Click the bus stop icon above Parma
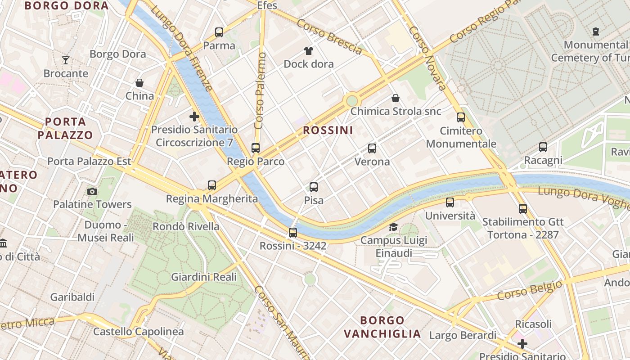pyautogui.click(x=219, y=32)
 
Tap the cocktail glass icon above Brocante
pyautogui.click(x=66, y=60)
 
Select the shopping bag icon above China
pyautogui.click(x=139, y=83)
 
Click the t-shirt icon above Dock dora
pyautogui.click(x=308, y=50)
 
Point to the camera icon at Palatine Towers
pyautogui.click(x=92, y=191)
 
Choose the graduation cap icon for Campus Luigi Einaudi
pyautogui.click(x=394, y=227)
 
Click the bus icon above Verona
pyautogui.click(x=372, y=148)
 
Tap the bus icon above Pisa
pyautogui.click(x=314, y=187)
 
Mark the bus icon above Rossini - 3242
pyautogui.click(x=293, y=233)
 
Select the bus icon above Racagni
pyautogui.click(x=543, y=147)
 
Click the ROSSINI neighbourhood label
pyautogui.click(x=328, y=130)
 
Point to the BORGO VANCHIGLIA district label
pyautogui.click(x=382, y=327)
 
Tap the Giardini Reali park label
pyautogui.click(x=204, y=277)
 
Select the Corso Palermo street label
pyautogui.click(x=260, y=96)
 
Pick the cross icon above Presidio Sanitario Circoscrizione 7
pyautogui.click(x=194, y=117)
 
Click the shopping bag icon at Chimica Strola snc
pyautogui.click(x=396, y=98)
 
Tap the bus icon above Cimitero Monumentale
pyautogui.click(x=461, y=117)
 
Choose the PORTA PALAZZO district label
pyautogui.click(x=65, y=128)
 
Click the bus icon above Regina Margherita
pyautogui.click(x=212, y=185)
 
